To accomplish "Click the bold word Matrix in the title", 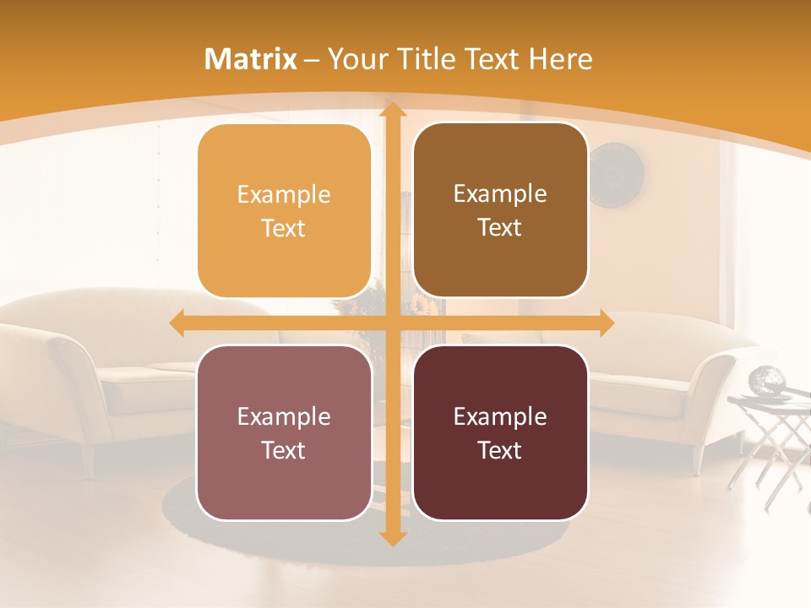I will coord(251,59).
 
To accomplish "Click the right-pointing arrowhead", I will coord(607,323).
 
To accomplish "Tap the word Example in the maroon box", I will coord(500,416).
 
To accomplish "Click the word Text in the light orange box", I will coord(284,228).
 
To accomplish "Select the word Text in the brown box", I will coord(500,227).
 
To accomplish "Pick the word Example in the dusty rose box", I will coord(284,416).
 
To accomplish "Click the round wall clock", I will coord(616,175).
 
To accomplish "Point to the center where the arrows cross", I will coord(392,323).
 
